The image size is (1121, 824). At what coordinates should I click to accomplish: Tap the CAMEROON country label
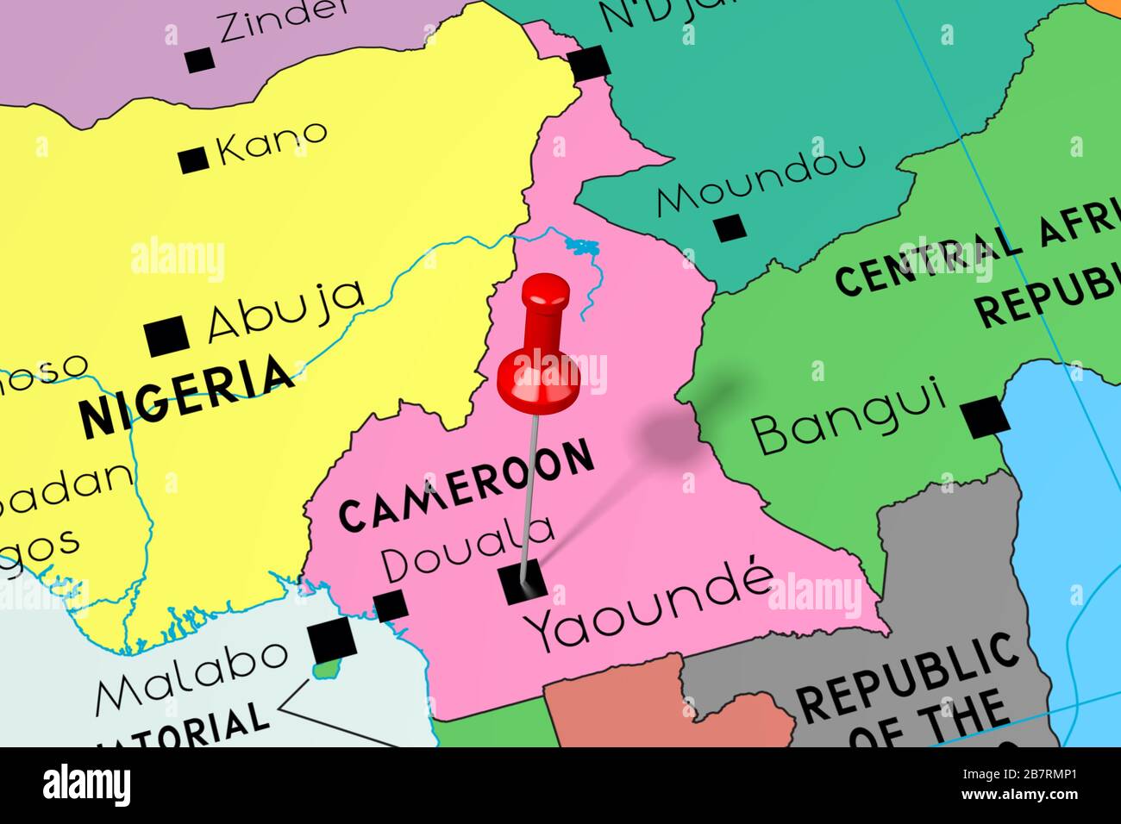click(467, 486)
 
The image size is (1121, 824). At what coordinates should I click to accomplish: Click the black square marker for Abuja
click(167, 336)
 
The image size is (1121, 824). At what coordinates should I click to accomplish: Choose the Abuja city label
click(285, 311)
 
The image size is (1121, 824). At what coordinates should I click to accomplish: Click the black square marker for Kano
click(193, 160)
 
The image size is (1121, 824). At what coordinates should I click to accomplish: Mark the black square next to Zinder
click(199, 60)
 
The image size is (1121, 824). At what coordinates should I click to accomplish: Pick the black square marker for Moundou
click(730, 228)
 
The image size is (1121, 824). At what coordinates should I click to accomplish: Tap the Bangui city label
click(849, 418)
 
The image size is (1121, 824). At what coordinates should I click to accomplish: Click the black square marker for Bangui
click(985, 418)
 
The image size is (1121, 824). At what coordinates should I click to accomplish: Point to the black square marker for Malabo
click(333, 640)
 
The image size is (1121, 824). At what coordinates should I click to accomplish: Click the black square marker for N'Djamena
click(590, 64)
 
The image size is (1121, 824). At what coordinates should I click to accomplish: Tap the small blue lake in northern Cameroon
click(582, 248)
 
